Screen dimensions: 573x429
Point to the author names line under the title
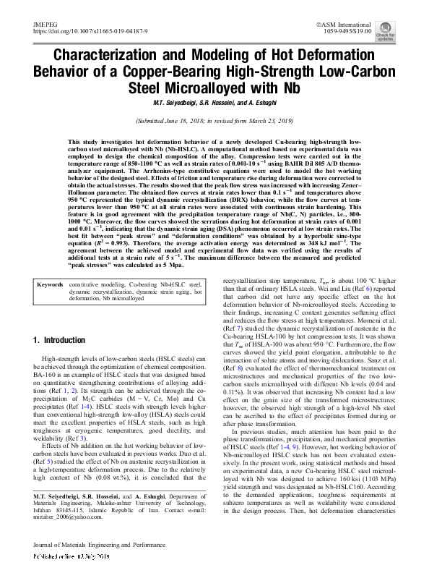214,101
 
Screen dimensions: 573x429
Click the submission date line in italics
214,121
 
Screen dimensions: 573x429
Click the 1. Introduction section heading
60,340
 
